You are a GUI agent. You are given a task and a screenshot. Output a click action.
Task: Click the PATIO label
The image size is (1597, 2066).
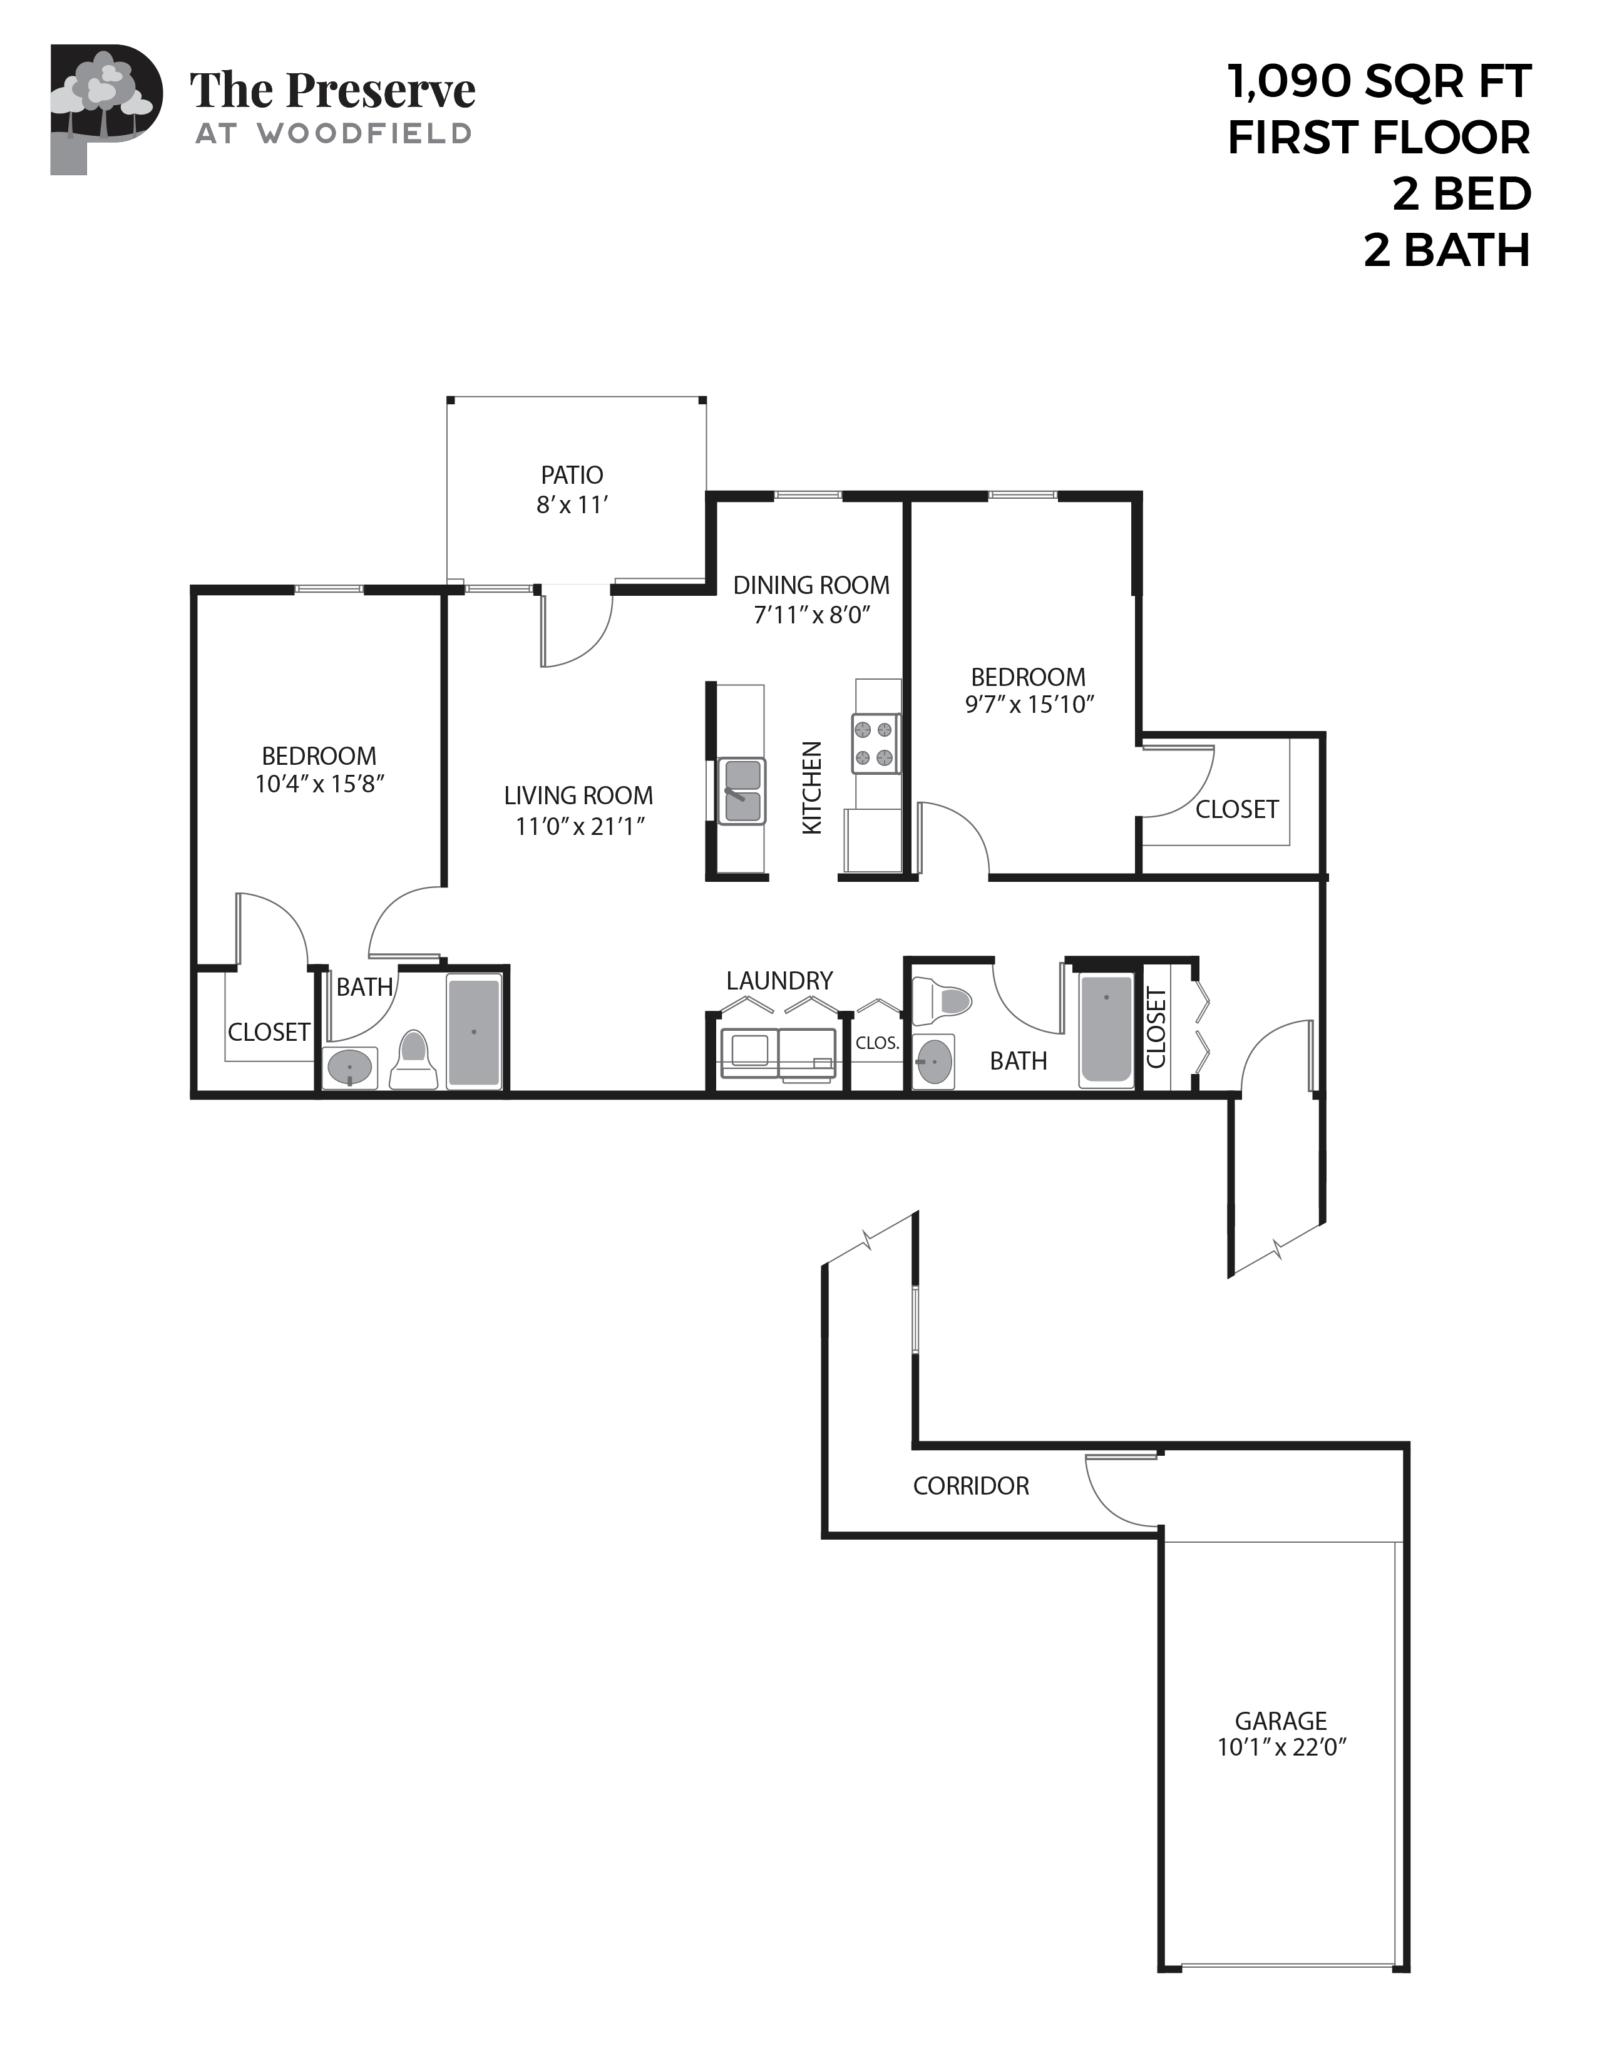(572, 475)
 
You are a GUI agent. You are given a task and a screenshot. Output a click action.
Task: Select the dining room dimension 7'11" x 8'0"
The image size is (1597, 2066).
(811, 615)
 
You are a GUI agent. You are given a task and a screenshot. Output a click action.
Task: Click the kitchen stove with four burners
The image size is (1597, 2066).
(875, 742)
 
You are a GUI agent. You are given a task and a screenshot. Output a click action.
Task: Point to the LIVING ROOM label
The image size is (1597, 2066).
(578, 795)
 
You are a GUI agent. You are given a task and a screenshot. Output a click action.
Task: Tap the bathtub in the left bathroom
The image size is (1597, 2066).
(474, 1032)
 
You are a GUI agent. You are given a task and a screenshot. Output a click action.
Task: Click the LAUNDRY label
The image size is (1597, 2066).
(779, 981)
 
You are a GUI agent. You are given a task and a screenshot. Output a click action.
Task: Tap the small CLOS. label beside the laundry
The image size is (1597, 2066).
(877, 1043)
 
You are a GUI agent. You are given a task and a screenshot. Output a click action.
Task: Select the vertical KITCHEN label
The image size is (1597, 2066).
(812, 788)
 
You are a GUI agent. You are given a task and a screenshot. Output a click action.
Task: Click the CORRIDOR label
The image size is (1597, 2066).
(971, 1486)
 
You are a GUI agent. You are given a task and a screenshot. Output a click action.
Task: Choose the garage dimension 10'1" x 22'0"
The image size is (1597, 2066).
(1281, 1747)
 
